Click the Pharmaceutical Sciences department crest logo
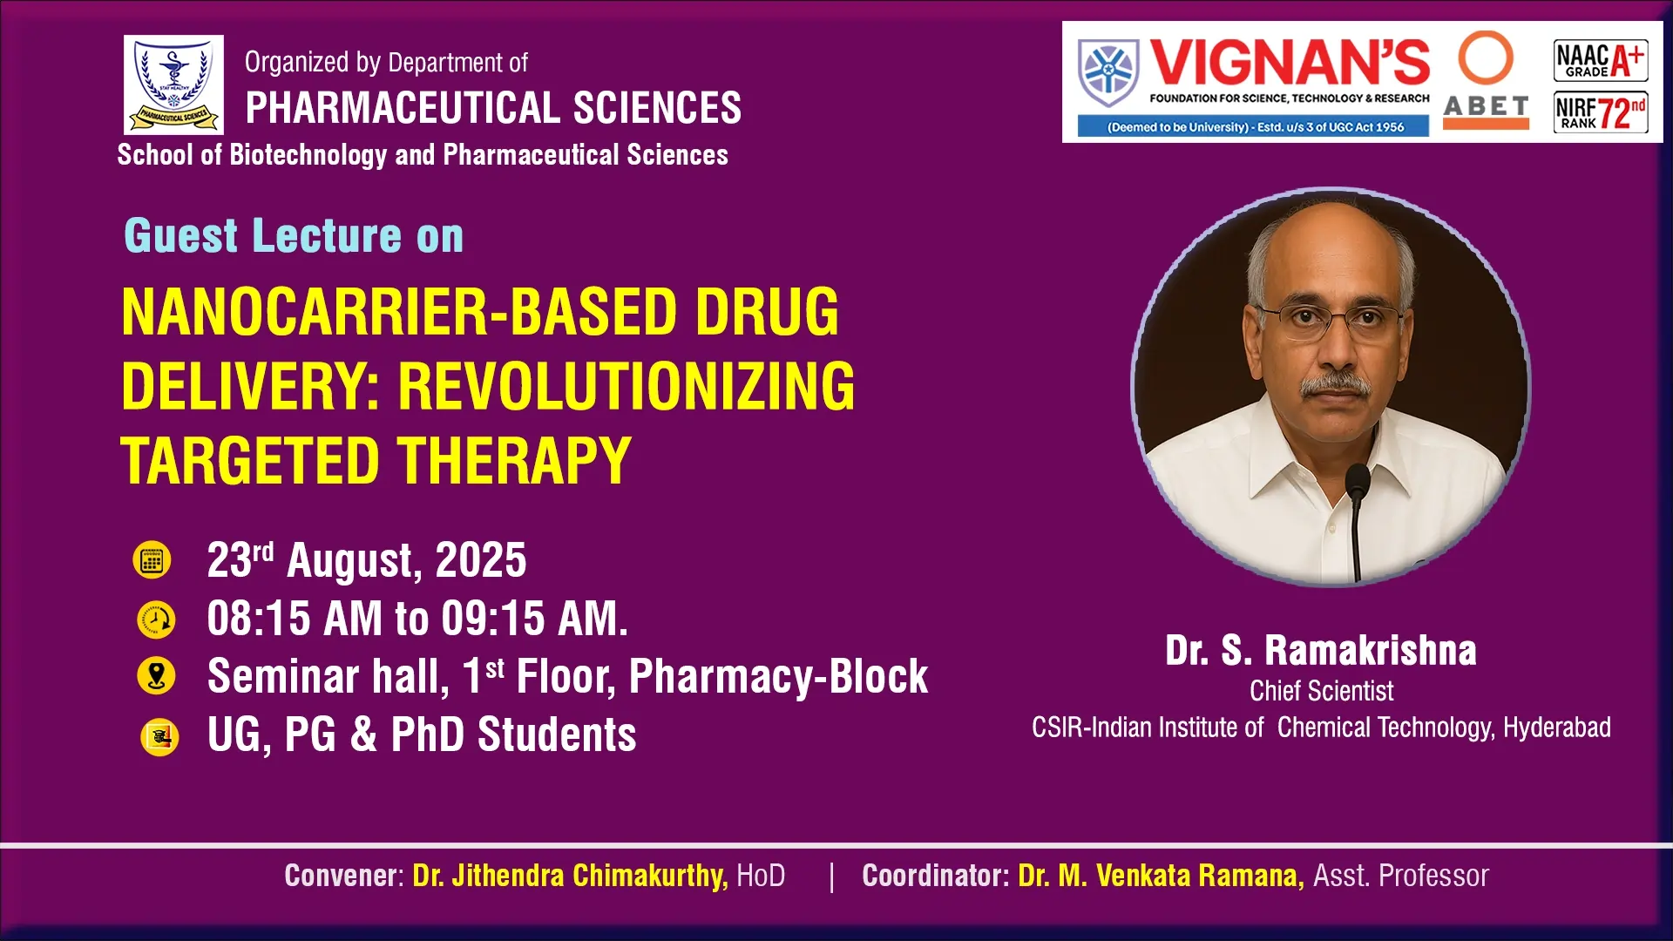tap(173, 85)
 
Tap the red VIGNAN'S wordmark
tap(1290, 64)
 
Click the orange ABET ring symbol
tap(1486, 58)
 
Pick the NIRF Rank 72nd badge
tap(1601, 112)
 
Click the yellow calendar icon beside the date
tap(152, 560)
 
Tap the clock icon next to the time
tap(156, 619)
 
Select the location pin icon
tap(156, 676)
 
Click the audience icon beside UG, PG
tap(159, 737)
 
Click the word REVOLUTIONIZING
tap(627, 386)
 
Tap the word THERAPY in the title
tap(515, 461)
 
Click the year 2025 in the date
tap(481, 560)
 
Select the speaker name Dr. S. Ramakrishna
tap(1321, 651)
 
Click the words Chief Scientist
tap(1321, 691)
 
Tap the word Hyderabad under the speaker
tap(1557, 728)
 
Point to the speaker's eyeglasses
tap(1330, 321)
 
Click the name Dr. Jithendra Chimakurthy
tap(570, 876)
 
